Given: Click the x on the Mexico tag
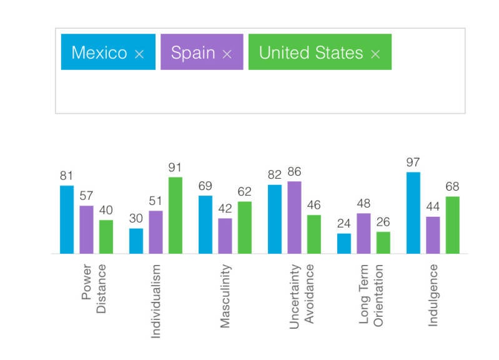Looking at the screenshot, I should (x=139, y=54).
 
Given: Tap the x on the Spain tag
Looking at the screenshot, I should (x=227, y=54).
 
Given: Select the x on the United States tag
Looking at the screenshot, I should (x=375, y=54).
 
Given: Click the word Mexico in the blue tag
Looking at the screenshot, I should (x=99, y=52).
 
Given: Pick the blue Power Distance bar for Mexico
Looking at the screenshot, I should (x=67, y=219).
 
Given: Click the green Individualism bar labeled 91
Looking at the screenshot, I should (x=175, y=216).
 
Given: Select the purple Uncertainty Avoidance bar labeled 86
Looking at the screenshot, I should (x=294, y=217).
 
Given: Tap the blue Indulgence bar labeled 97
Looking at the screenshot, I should (x=413, y=213).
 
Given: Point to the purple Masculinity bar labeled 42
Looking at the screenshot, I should (x=225, y=236).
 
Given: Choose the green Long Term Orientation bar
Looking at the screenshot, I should (x=383, y=242).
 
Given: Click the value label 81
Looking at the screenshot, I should (x=67, y=176).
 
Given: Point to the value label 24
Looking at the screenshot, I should (x=343, y=224).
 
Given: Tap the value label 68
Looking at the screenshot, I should (x=452, y=187).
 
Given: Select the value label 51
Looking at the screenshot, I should (x=156, y=201).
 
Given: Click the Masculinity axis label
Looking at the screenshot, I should (x=226, y=296).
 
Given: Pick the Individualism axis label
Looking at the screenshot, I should (x=156, y=301).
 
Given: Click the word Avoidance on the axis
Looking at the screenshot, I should (x=310, y=295).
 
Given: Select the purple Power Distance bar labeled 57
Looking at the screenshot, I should (x=86, y=229).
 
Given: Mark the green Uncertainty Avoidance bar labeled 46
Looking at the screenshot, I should (x=314, y=234).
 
